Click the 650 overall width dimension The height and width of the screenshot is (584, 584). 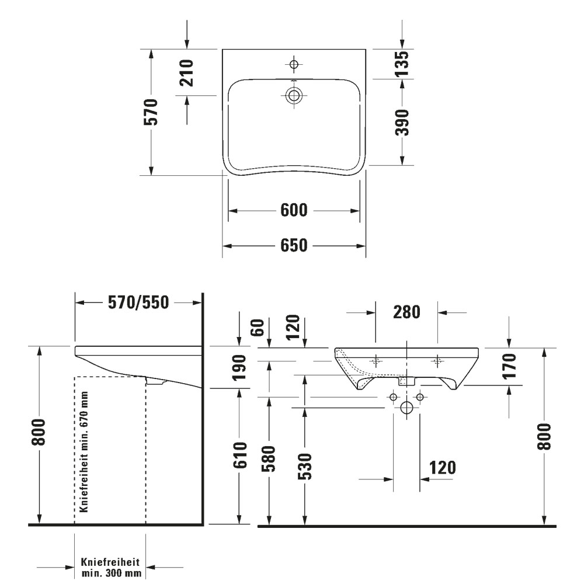[294, 246]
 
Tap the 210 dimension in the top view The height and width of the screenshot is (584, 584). [186, 72]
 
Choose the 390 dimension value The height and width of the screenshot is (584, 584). [401, 122]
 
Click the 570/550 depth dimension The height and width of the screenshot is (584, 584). [138, 302]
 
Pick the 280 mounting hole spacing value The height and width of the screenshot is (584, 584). [406, 312]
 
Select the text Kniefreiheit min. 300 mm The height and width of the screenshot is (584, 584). [110, 567]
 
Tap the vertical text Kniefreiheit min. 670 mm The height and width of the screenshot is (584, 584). [84, 452]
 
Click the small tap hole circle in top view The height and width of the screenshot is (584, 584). [294, 63]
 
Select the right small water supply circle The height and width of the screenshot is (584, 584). [419, 398]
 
